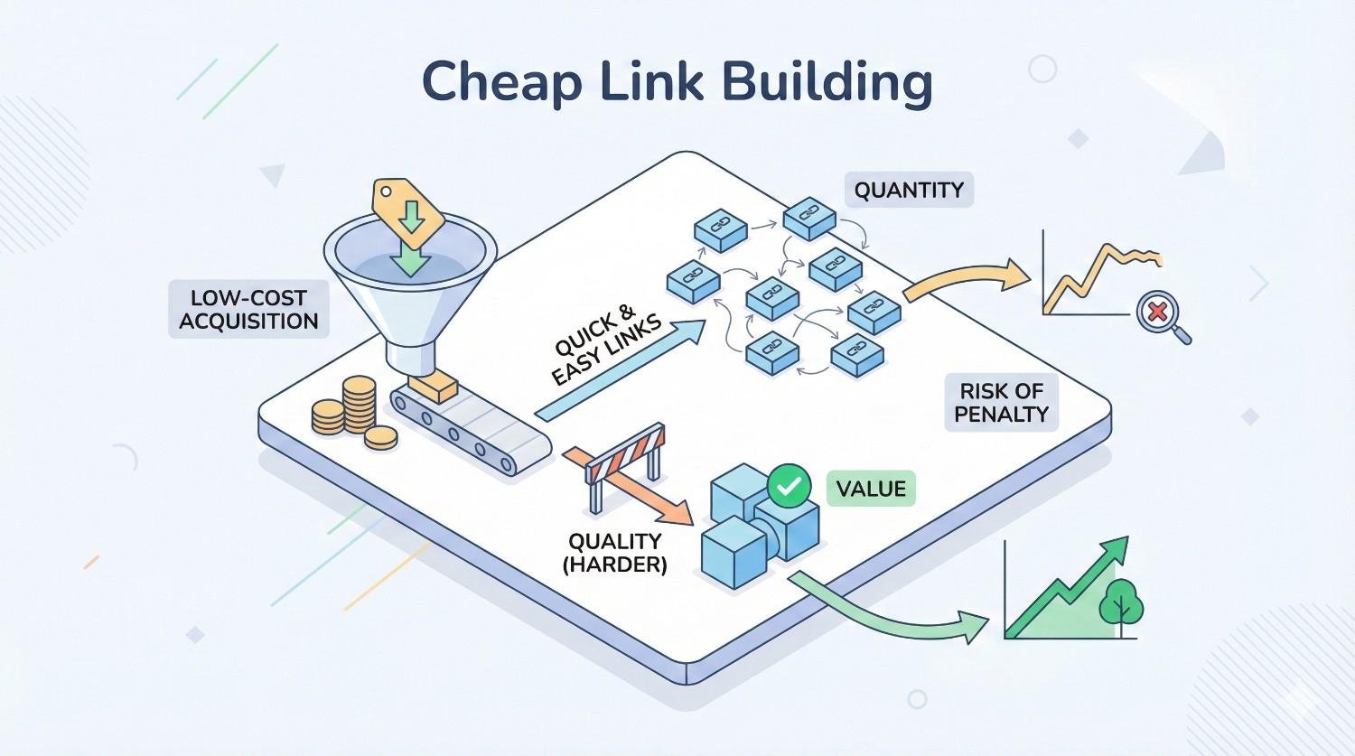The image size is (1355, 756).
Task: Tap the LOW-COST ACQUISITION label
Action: coord(248,310)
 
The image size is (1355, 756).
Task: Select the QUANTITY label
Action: coord(909,191)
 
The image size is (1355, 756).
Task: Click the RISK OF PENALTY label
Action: coord(1001,403)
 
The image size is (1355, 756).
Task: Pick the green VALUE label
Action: coord(870,489)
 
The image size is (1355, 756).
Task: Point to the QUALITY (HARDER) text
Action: coord(614,553)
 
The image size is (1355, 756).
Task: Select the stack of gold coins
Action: coord(352,411)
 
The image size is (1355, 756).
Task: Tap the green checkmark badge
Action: coord(788,485)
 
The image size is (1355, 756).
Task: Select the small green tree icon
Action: coord(1121,600)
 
